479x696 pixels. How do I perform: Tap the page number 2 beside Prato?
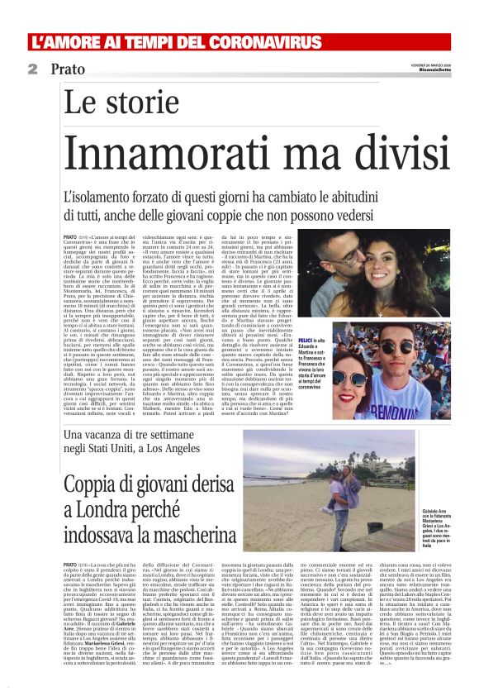click(x=31, y=69)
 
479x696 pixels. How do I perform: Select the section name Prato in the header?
click(x=65, y=69)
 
